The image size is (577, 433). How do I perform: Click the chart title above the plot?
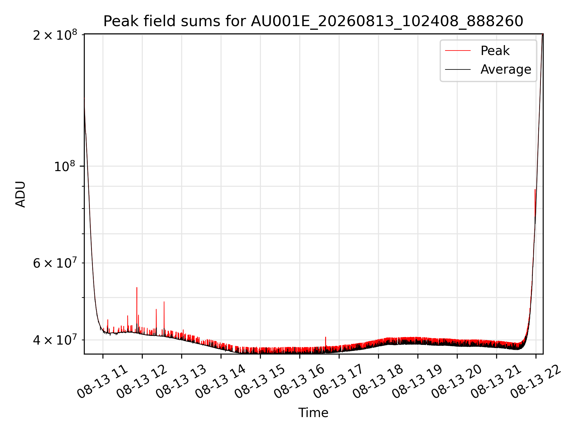[313, 21]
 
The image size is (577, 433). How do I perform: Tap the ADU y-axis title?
[20, 194]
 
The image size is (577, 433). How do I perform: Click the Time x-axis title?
[313, 413]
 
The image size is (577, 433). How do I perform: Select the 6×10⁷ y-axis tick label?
[55, 263]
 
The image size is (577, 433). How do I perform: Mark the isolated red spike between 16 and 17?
[325, 342]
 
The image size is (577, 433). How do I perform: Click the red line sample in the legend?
[458, 51]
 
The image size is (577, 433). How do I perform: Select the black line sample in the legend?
[458, 69]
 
